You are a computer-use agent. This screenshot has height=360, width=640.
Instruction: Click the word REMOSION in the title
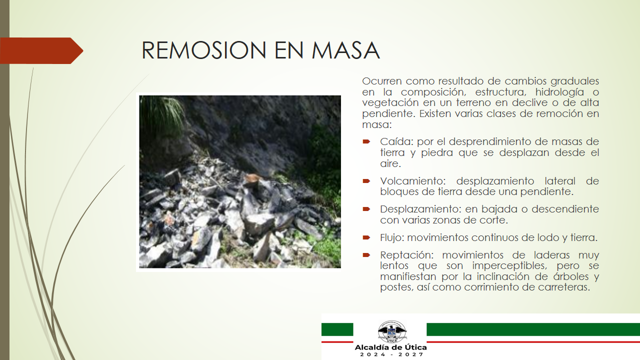click(204, 50)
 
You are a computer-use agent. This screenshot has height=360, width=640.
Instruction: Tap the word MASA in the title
click(345, 50)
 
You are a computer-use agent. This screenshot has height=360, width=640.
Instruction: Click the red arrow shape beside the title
click(41, 50)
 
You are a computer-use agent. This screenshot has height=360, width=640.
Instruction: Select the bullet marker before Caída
click(366, 141)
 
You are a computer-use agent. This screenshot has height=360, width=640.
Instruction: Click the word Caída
click(397, 141)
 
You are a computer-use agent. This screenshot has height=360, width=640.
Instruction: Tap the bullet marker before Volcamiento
click(366, 181)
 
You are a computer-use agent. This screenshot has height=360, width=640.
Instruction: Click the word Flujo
click(392, 237)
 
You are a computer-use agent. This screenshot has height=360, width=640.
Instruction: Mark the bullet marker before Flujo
click(366, 237)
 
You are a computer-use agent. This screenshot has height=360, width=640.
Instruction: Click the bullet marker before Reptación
click(366, 255)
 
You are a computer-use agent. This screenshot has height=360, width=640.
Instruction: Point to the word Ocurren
click(381, 81)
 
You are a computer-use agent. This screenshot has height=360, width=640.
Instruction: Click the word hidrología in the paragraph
click(558, 92)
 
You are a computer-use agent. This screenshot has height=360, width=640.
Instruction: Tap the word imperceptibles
click(509, 265)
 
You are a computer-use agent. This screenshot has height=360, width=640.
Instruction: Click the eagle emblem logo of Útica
click(392, 331)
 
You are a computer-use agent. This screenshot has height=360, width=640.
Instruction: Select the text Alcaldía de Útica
click(390, 347)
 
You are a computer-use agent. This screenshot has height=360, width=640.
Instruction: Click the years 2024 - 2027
click(391, 354)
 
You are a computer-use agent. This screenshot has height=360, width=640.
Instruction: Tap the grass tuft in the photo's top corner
click(163, 114)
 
